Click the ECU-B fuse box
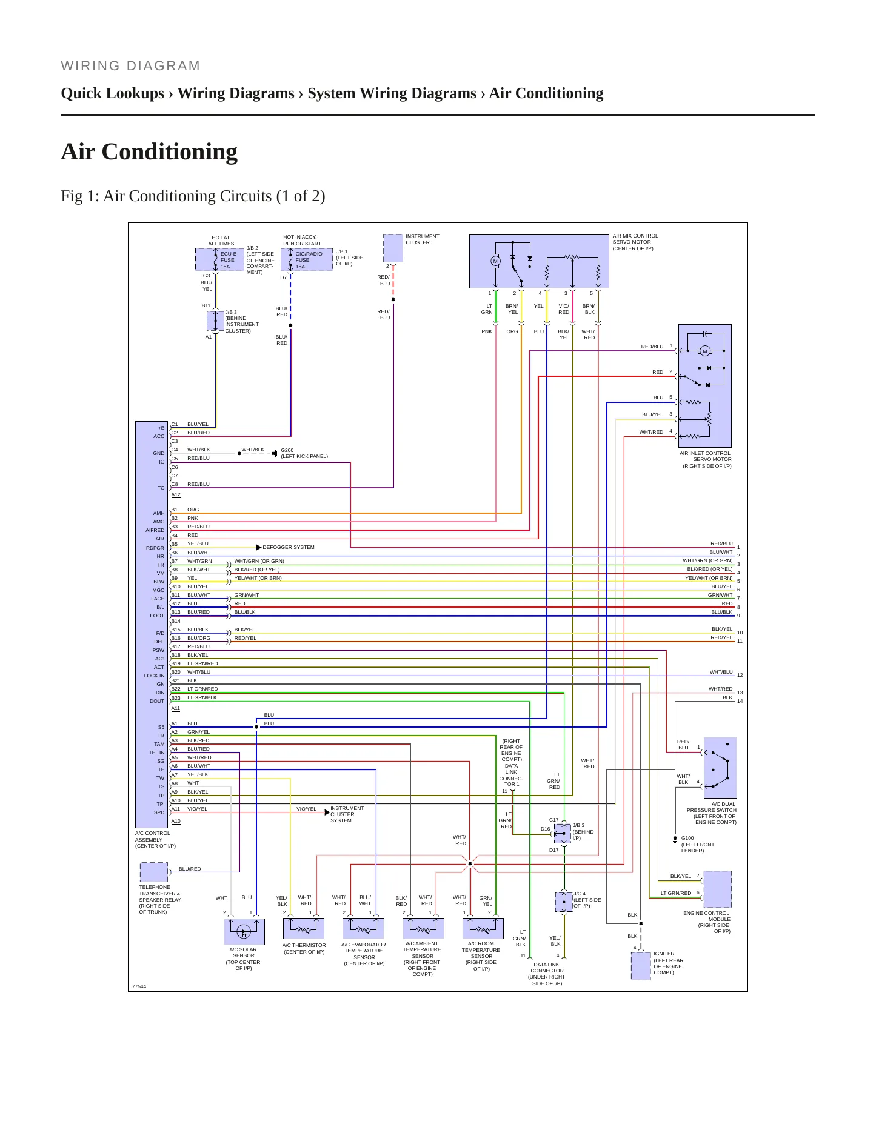coord(219,259)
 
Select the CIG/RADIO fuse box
coord(307,259)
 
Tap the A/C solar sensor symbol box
coord(244,932)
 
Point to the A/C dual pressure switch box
coord(720,768)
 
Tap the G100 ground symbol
coord(675,840)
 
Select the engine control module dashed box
coord(718,889)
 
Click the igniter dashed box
coord(641,966)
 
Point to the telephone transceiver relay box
coord(154,872)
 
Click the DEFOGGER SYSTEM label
coord(289,547)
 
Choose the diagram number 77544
coord(139,986)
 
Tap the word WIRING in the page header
coord(90,66)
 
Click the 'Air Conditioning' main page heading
coord(149,151)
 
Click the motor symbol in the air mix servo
coord(495,261)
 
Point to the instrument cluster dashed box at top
coord(393,249)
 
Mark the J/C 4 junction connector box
coord(564,902)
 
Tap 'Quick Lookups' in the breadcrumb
coord(113,93)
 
